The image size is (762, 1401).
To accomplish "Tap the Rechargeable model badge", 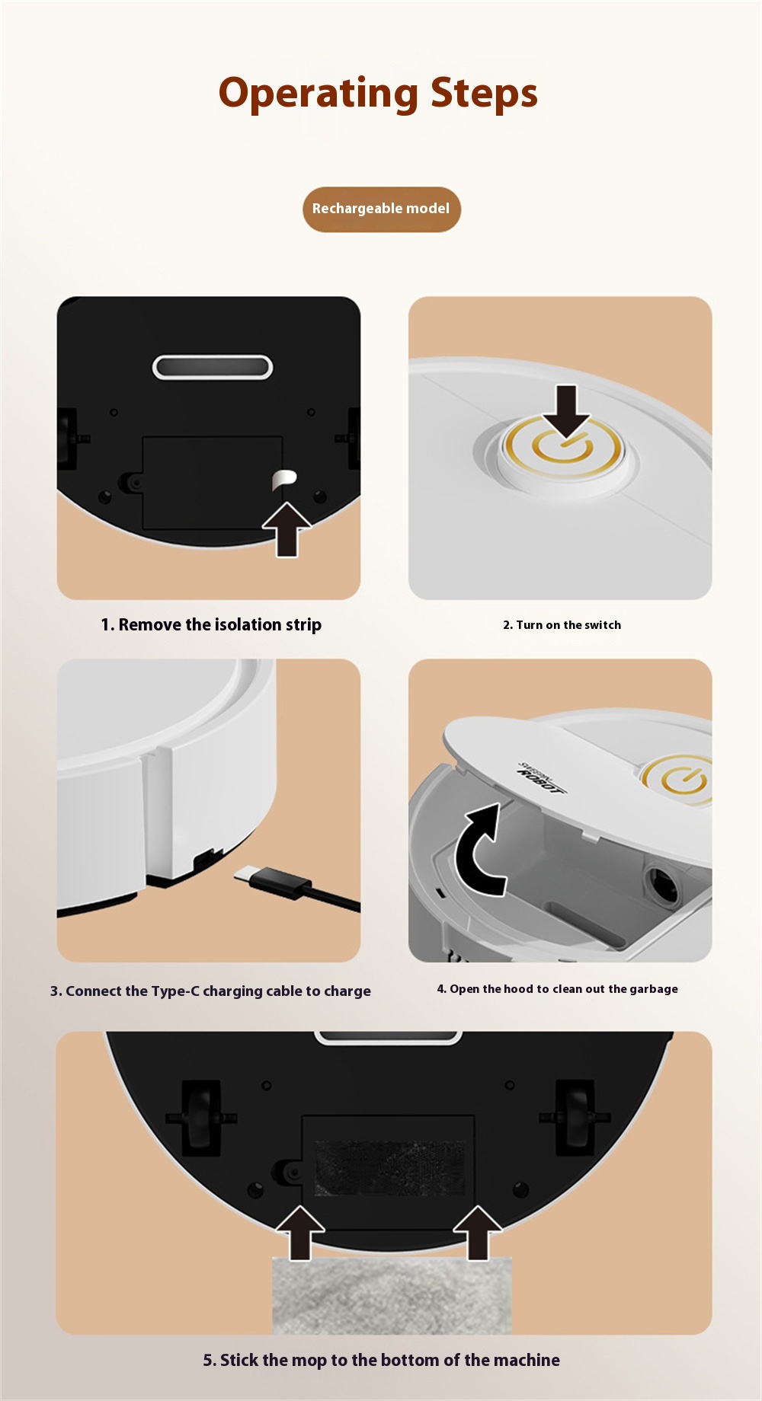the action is (x=382, y=209).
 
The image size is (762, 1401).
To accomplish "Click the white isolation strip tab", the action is (x=283, y=480).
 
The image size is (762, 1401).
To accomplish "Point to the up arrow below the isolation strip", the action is (x=287, y=529).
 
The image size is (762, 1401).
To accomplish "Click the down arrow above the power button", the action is (x=566, y=411).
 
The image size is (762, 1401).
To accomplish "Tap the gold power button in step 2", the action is (x=562, y=448).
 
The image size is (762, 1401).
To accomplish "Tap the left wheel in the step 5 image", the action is (x=201, y=1115).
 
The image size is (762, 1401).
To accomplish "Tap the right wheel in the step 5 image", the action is (x=575, y=1115).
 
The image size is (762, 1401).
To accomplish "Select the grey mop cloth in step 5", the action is (x=392, y=1295).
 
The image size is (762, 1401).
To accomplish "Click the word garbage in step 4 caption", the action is (x=654, y=989).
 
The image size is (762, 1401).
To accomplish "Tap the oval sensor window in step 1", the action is (x=213, y=367).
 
